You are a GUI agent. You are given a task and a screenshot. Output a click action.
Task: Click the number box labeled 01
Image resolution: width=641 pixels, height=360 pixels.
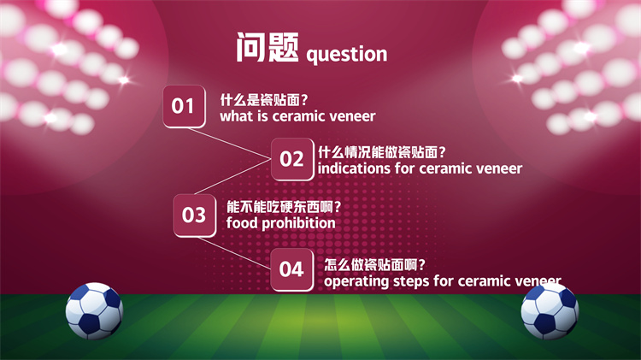184,106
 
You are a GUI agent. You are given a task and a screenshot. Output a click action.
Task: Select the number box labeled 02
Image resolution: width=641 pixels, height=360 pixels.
292,159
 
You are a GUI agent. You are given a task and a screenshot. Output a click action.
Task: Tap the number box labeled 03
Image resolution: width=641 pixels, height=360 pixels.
195,215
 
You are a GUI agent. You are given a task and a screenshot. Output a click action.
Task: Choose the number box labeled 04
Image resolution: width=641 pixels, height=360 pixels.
292,269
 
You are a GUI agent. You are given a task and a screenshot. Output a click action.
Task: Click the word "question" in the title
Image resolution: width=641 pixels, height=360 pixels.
347,55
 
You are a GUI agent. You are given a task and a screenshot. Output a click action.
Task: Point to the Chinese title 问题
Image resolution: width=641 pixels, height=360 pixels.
268,47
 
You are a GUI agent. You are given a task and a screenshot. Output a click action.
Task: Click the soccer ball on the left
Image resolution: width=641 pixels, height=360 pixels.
94,311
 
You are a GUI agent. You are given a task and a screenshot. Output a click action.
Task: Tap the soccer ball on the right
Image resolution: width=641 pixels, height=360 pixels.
550,311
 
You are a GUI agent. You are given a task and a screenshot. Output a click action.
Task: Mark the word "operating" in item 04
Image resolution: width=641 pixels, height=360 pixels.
356,281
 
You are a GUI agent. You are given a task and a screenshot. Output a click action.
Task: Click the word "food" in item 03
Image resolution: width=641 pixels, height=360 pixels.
242,223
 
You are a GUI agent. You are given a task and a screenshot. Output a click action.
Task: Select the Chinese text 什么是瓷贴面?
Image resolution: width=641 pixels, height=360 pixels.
264,100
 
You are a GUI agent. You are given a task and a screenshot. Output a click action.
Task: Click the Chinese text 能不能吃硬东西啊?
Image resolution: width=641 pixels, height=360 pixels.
283,207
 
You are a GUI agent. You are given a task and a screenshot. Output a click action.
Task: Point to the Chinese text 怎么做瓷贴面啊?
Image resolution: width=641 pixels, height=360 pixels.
374,265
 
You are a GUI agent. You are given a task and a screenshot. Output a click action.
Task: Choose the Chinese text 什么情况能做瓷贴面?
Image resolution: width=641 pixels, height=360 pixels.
382,152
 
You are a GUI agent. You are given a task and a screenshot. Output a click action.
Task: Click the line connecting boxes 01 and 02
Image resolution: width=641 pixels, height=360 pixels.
229,143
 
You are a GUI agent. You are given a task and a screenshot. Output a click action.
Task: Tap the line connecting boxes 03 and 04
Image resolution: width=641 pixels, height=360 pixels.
234,253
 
